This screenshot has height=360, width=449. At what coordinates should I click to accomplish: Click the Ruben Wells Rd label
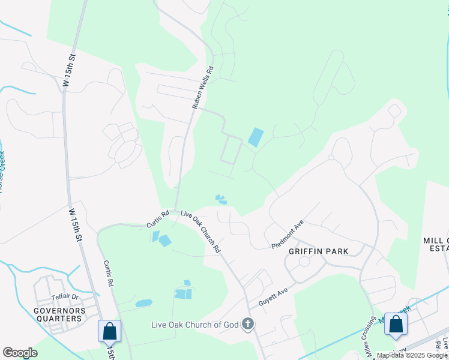click(203, 87)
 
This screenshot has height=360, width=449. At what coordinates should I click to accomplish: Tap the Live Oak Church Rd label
click(201, 231)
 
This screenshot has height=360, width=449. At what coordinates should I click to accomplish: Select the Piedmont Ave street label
click(288, 234)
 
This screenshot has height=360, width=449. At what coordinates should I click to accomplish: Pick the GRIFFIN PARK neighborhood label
click(319, 250)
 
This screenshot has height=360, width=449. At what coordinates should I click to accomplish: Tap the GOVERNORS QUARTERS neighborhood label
click(58, 314)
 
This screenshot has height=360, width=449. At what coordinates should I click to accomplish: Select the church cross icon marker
click(247, 325)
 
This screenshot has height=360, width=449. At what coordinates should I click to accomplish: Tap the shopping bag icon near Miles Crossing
click(396, 324)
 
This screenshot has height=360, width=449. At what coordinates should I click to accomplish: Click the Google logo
click(20, 353)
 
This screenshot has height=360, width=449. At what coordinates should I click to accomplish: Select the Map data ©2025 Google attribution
click(412, 356)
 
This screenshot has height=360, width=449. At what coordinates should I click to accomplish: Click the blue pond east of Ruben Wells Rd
click(256, 138)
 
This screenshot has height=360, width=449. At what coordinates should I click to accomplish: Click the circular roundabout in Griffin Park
click(304, 262)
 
